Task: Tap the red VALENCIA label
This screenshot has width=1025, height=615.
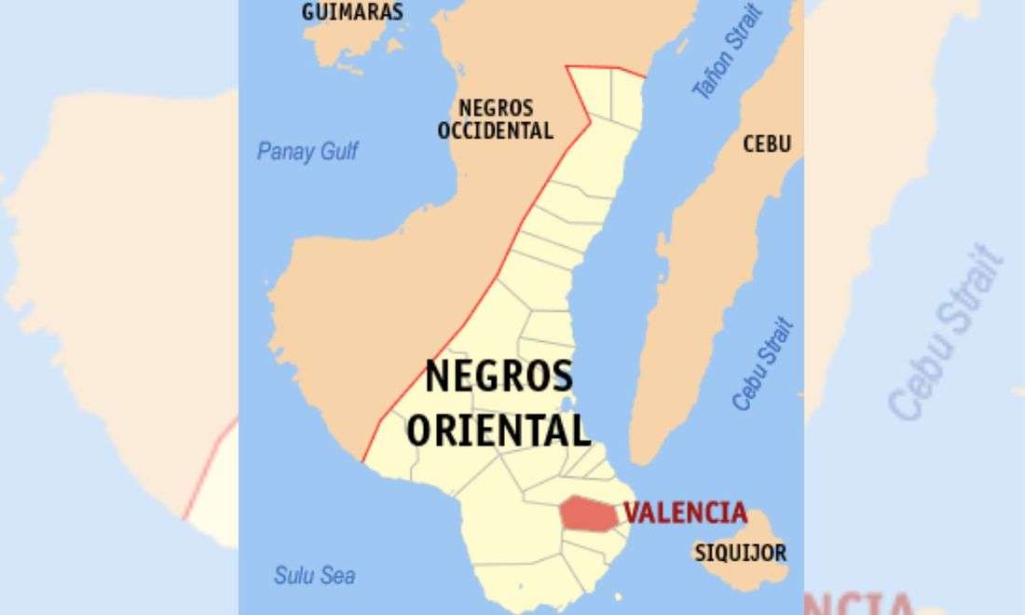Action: (x=685, y=512)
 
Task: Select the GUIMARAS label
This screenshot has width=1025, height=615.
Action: (x=352, y=12)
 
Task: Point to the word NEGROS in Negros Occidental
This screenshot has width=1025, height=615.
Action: (x=495, y=107)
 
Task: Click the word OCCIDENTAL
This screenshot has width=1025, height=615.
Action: (x=495, y=130)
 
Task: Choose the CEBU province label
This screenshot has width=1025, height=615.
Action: (x=767, y=143)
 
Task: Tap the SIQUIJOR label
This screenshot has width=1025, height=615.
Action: (x=740, y=553)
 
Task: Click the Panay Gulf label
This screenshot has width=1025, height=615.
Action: (x=307, y=152)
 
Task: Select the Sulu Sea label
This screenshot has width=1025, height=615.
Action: (x=314, y=575)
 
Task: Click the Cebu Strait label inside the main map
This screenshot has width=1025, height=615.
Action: (x=762, y=364)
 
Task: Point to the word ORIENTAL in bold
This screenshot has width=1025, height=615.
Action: (x=499, y=431)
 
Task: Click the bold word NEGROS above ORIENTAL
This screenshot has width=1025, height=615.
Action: (x=499, y=378)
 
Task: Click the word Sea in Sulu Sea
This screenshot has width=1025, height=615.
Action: (x=338, y=575)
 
